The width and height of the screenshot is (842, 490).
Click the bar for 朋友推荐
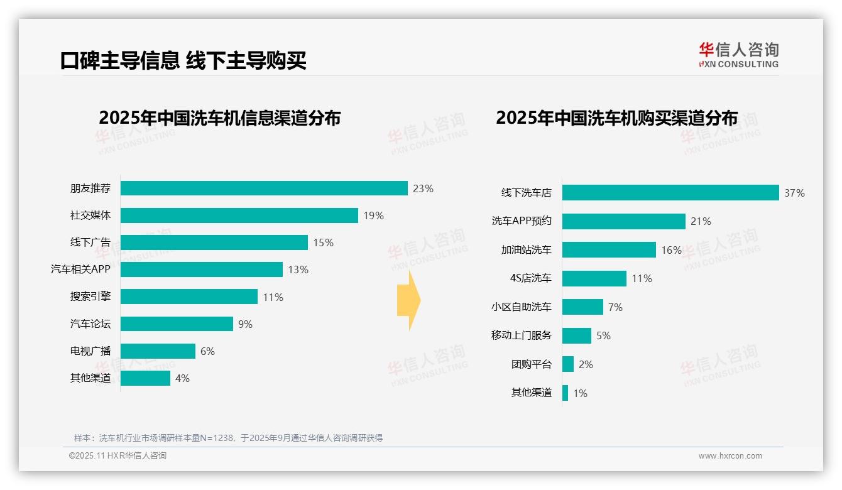coord(264,188)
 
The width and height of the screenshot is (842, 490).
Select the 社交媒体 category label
coord(90,215)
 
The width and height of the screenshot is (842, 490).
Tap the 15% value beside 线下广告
coord(323,242)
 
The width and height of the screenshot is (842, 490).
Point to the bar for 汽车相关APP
coord(201,269)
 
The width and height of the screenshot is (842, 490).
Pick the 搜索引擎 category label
coord(90,297)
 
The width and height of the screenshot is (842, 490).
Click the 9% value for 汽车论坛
coord(245,324)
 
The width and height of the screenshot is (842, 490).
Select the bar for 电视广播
coord(158,351)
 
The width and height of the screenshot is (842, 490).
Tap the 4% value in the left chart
coord(182,378)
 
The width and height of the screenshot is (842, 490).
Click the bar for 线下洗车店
coord(670,193)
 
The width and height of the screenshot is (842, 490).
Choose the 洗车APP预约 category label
coord(522,221)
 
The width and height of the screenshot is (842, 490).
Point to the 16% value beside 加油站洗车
coord(671,250)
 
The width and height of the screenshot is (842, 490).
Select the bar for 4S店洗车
coord(594,278)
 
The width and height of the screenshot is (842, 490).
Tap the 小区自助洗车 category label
coord(522,307)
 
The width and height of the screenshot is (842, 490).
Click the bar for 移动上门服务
coord(577,335)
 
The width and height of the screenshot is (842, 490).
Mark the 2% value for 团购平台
coord(586,364)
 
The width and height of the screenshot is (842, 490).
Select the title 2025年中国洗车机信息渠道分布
coord(219,118)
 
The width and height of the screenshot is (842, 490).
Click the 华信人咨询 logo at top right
coord(738,55)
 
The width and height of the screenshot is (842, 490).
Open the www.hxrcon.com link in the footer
coord(730,456)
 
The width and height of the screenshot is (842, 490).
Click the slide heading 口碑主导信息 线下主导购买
coord(183,61)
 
